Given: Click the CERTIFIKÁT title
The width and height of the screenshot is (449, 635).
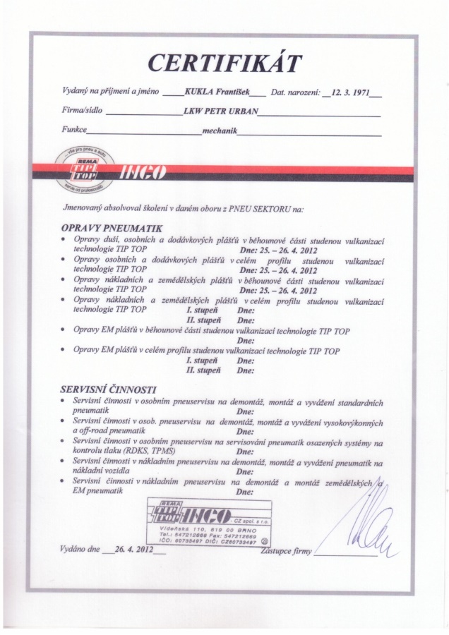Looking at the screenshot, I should (224, 64).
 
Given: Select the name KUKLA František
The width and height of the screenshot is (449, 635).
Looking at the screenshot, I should (214, 92).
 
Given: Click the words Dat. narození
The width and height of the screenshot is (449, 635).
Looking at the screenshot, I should (295, 92).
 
